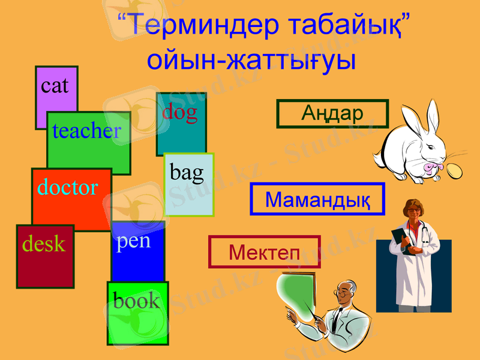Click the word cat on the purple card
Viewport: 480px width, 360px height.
pyautogui.click(x=55, y=86)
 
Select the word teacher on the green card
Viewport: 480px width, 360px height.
pyautogui.click(x=86, y=131)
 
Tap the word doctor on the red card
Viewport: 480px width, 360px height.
pyautogui.click(x=68, y=187)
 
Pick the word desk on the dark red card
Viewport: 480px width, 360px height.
pyautogui.click(x=44, y=244)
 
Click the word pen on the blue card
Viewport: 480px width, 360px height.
pyautogui.click(x=133, y=242)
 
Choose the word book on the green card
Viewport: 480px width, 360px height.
pyautogui.click(x=137, y=301)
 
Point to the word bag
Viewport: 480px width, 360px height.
pyautogui.click(x=187, y=173)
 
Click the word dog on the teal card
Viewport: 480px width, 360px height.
pyautogui.click(x=179, y=112)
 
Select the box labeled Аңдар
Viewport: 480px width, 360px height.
pyautogui.click(x=332, y=113)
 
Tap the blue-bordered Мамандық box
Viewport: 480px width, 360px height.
pyautogui.click(x=317, y=199)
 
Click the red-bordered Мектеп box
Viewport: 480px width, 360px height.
pyautogui.click(x=264, y=252)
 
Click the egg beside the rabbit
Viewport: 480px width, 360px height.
pyautogui.click(x=455, y=172)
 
